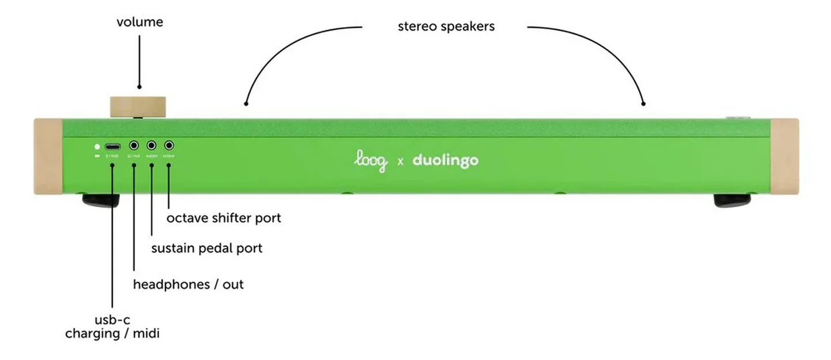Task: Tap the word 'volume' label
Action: coord(140,22)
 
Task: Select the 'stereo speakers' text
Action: coord(446,27)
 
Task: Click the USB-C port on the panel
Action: coord(113,147)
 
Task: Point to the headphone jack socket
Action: coord(134,147)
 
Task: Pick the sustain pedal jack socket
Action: coord(152,147)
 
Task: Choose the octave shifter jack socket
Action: coord(169,147)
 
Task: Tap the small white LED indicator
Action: coord(97,147)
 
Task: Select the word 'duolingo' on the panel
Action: coord(445,161)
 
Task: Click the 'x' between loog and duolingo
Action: coord(400,162)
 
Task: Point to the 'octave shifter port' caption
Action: coord(224,219)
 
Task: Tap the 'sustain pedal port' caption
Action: coord(207,249)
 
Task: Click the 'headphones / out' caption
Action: coord(188,284)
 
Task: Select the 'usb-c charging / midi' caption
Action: coord(112,327)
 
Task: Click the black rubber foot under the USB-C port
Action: coord(101,200)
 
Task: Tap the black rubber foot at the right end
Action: coord(732,200)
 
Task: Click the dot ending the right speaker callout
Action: coord(643,104)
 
